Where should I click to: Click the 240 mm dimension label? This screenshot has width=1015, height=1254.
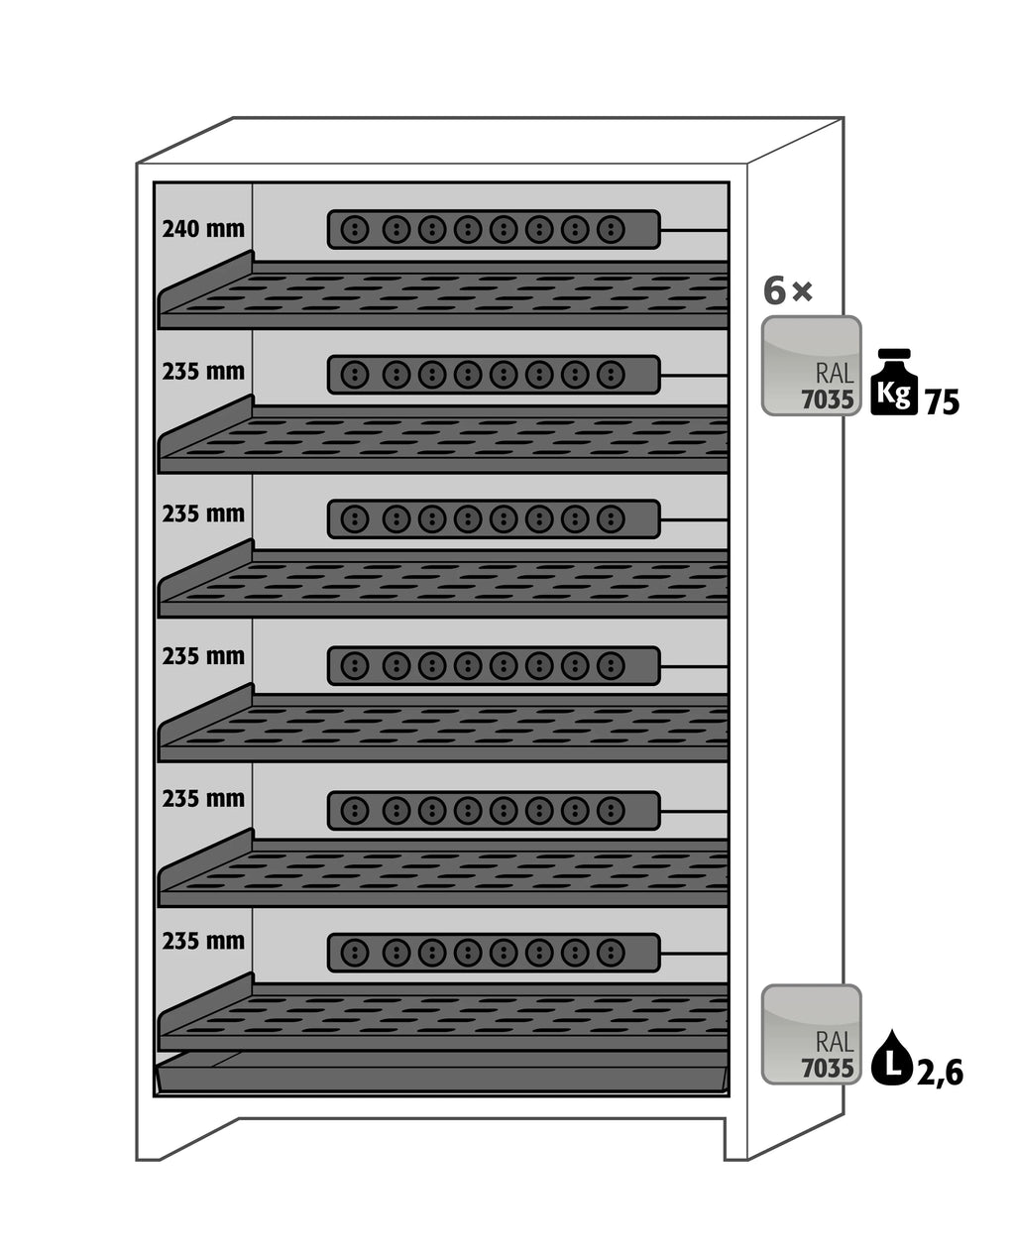click(203, 229)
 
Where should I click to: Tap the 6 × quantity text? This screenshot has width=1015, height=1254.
click(788, 291)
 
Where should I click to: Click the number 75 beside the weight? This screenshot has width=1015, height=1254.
click(942, 402)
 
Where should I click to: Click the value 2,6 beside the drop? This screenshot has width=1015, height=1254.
click(940, 1073)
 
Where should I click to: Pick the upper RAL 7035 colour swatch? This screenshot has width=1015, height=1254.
click(811, 366)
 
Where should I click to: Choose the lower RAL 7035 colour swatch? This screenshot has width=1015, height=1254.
click(811, 1034)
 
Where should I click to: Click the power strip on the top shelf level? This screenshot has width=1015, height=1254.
click(494, 230)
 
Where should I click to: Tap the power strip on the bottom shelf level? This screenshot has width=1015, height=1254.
click(494, 953)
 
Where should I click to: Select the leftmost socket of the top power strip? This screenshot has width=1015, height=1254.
click(354, 230)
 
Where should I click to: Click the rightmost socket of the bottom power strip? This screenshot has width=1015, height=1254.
click(611, 953)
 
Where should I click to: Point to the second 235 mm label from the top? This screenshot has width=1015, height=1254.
click(203, 514)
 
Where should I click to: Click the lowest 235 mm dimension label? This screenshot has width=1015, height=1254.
click(203, 941)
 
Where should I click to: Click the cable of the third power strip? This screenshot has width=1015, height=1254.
click(694, 519)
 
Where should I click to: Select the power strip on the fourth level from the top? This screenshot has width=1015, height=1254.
click(494, 666)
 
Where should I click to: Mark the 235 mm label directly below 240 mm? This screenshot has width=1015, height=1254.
click(203, 372)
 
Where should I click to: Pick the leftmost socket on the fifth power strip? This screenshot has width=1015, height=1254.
click(354, 810)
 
